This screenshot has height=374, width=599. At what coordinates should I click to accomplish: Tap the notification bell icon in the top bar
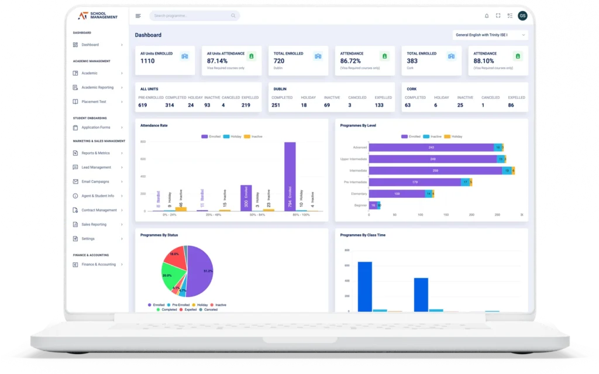pyautogui.click(x=487, y=16)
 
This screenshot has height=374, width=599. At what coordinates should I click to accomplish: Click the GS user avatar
pyautogui.click(x=522, y=16)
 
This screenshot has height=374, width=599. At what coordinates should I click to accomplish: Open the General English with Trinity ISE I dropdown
pyautogui.click(x=490, y=35)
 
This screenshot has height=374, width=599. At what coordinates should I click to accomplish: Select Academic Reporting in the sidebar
pyautogui.click(x=98, y=87)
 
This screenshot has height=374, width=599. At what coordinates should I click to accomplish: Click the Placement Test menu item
pyautogui.click(x=94, y=102)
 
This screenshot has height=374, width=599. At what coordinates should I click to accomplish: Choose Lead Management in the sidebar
pyautogui.click(x=96, y=167)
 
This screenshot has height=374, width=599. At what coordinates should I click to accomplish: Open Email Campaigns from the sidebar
pyautogui.click(x=95, y=181)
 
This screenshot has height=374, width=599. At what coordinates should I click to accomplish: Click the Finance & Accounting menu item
pyautogui.click(x=98, y=265)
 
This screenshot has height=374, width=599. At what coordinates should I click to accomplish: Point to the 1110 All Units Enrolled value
pyautogui.click(x=147, y=61)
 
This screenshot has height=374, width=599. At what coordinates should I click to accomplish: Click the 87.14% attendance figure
pyautogui.click(x=217, y=61)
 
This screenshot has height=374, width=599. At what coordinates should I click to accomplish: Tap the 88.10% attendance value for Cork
pyautogui.click(x=483, y=61)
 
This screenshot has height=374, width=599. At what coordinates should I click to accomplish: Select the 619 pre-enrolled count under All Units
pyautogui.click(x=143, y=105)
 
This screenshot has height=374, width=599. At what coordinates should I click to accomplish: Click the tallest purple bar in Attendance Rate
pyautogui.click(x=290, y=176)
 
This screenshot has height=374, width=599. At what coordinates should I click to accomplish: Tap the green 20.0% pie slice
pyautogui.click(x=171, y=274)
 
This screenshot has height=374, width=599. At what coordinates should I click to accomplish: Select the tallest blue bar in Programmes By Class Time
pyautogui.click(x=364, y=286)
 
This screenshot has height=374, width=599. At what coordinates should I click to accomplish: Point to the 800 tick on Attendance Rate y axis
pyautogui.click(x=143, y=142)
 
